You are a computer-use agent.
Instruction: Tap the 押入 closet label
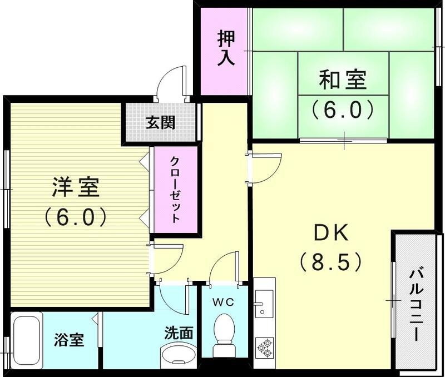[x=226, y=48]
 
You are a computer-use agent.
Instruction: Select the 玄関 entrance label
[x=161, y=122]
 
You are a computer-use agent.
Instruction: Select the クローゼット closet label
[x=175, y=190]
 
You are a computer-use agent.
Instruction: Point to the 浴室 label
[x=69, y=340]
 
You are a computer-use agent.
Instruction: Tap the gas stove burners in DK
[x=264, y=348]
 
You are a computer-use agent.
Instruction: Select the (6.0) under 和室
[x=342, y=110]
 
